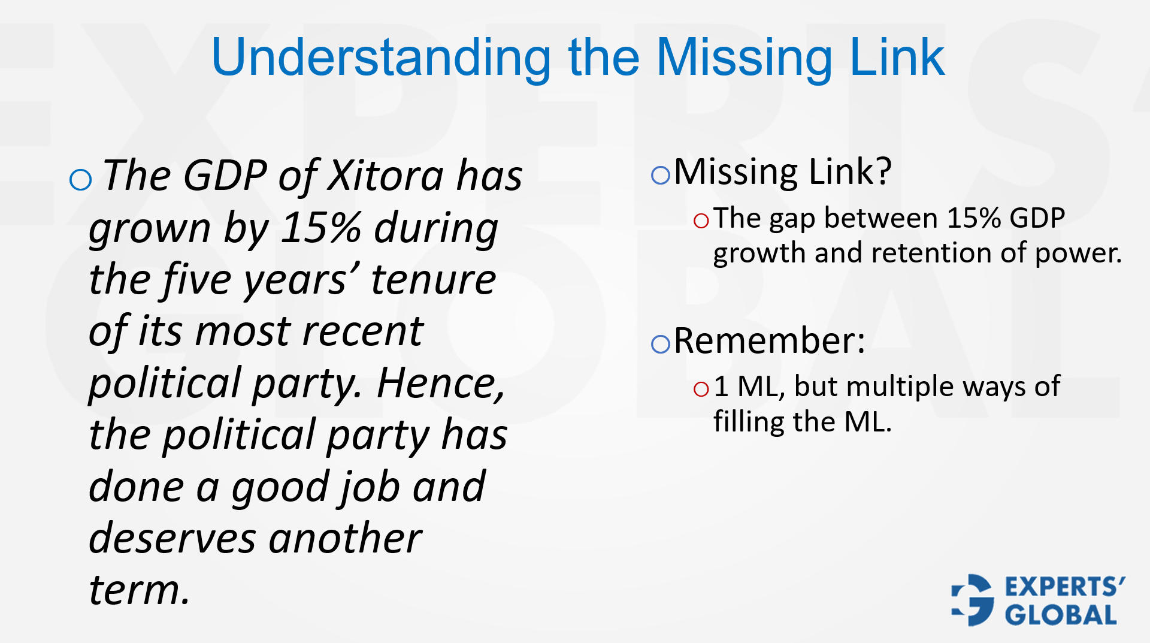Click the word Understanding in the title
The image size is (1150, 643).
tap(381, 58)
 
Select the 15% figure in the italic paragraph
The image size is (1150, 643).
tap(321, 228)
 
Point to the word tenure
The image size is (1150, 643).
tap(433, 280)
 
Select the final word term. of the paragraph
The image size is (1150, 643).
tap(139, 590)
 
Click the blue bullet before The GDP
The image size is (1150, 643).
tap(80, 179)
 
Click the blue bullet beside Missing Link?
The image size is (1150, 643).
tap(660, 175)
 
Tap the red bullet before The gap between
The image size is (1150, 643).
tap(701, 221)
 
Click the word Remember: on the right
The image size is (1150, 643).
tap(770, 341)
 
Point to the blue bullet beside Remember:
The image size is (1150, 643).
tap(660, 344)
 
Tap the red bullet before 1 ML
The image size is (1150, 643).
tap(701, 390)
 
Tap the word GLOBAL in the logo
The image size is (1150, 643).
tap(1060, 615)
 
